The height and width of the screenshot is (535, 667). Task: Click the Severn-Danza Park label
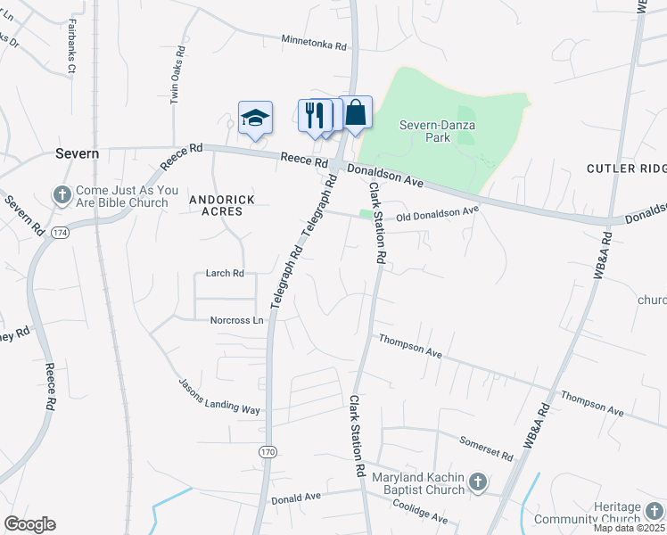point(437,132)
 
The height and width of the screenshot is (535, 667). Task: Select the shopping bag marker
point(356,113)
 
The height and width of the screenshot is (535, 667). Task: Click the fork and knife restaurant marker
point(314,116)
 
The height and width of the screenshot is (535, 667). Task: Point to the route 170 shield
point(268,453)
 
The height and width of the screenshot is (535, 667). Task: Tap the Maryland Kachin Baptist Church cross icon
point(478,482)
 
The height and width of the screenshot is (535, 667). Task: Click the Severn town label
point(77,153)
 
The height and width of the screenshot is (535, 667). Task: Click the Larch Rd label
point(225,274)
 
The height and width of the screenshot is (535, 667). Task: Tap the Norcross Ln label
point(237,320)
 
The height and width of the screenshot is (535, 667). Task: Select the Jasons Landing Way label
point(219,395)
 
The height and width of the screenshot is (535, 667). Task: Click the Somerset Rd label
point(486,449)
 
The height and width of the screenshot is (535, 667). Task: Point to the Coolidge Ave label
point(420,511)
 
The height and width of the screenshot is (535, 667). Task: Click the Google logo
point(29,524)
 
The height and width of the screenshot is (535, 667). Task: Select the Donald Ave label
point(295,499)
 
